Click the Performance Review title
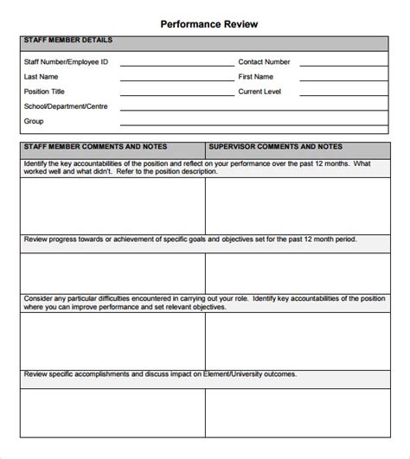click(208, 24)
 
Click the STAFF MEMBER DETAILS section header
click(68, 41)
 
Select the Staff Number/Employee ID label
click(65, 62)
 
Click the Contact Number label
click(264, 62)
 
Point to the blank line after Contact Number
click(341, 65)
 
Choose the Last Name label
click(42, 77)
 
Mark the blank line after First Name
click(341, 80)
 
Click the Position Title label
click(45, 92)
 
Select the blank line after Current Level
click(341, 94)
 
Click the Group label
click(34, 121)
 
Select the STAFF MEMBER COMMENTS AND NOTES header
click(96, 147)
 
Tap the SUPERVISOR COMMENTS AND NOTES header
click(276, 147)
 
